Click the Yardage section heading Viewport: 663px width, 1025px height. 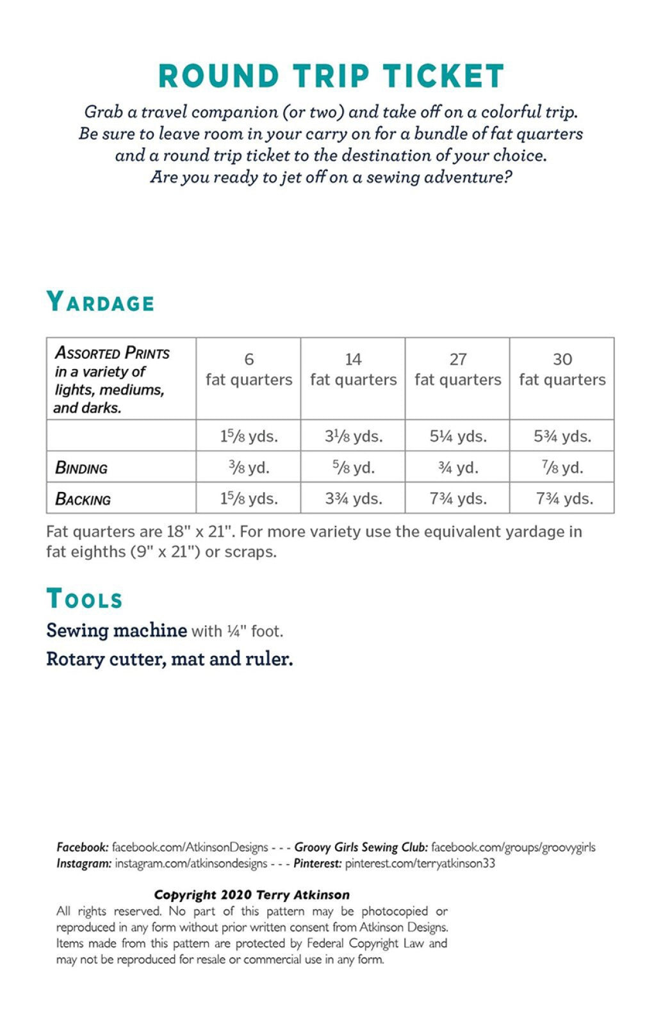pyautogui.click(x=100, y=302)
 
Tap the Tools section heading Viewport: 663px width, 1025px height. pyautogui.click(x=84, y=599)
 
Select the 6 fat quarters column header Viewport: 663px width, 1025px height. pyautogui.click(x=249, y=370)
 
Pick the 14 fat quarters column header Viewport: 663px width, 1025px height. pyautogui.click(x=353, y=370)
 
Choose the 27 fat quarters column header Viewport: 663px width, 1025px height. pyautogui.click(x=457, y=370)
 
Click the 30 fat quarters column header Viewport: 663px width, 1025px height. pyautogui.click(x=562, y=370)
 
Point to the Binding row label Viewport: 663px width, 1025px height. pyautogui.click(x=81, y=468)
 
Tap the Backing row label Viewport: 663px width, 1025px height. pyautogui.click(x=83, y=499)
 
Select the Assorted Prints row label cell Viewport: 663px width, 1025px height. pyautogui.click(x=111, y=379)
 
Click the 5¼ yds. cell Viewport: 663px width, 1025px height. pyautogui.click(x=457, y=436)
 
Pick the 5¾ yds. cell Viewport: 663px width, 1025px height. pyautogui.click(x=562, y=436)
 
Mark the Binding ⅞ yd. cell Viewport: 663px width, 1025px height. pyautogui.click(x=562, y=468)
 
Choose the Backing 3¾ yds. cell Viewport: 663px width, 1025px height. pyautogui.click(x=353, y=498)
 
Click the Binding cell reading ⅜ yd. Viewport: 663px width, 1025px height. pyautogui.click(x=249, y=468)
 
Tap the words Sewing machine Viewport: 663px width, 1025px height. pyautogui.click(x=117, y=630)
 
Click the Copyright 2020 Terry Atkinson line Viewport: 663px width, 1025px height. pyautogui.click(x=252, y=895)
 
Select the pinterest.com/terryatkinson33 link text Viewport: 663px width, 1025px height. pyautogui.click(x=420, y=863)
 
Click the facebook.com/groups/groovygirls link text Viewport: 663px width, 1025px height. pyautogui.click(x=513, y=847)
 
